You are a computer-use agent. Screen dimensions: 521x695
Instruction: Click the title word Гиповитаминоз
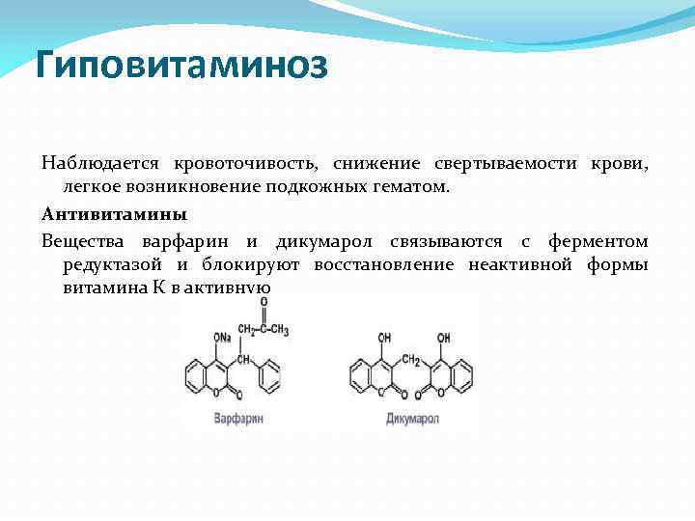(x=181, y=67)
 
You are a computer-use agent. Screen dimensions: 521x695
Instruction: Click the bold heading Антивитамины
(x=115, y=212)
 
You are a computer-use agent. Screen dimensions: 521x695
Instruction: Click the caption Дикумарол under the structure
(x=413, y=419)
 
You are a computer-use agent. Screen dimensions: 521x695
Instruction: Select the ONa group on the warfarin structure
(x=221, y=338)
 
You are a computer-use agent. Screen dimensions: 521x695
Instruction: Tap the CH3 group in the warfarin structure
(x=279, y=331)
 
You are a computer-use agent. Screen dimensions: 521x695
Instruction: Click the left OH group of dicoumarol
(x=385, y=338)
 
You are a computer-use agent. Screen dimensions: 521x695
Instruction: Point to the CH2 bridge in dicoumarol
(x=411, y=360)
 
